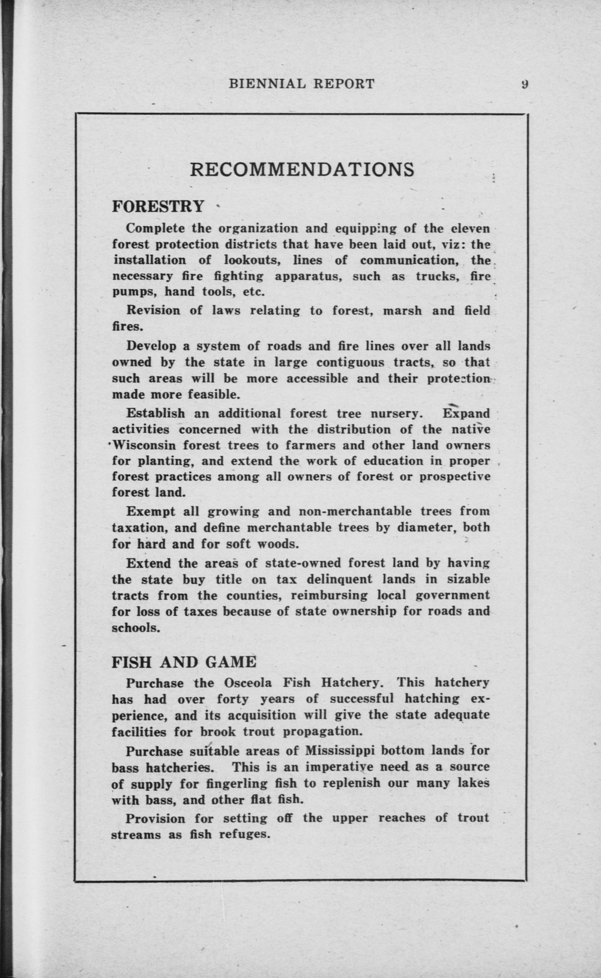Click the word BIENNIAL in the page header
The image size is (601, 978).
(x=268, y=83)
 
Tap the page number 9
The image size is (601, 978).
(x=524, y=83)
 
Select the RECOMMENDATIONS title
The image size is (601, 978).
(x=302, y=169)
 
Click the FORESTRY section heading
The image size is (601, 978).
(x=158, y=206)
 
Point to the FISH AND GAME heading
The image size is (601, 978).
(x=183, y=662)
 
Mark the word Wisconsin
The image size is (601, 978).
(x=144, y=445)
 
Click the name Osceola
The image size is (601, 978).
(x=248, y=683)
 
